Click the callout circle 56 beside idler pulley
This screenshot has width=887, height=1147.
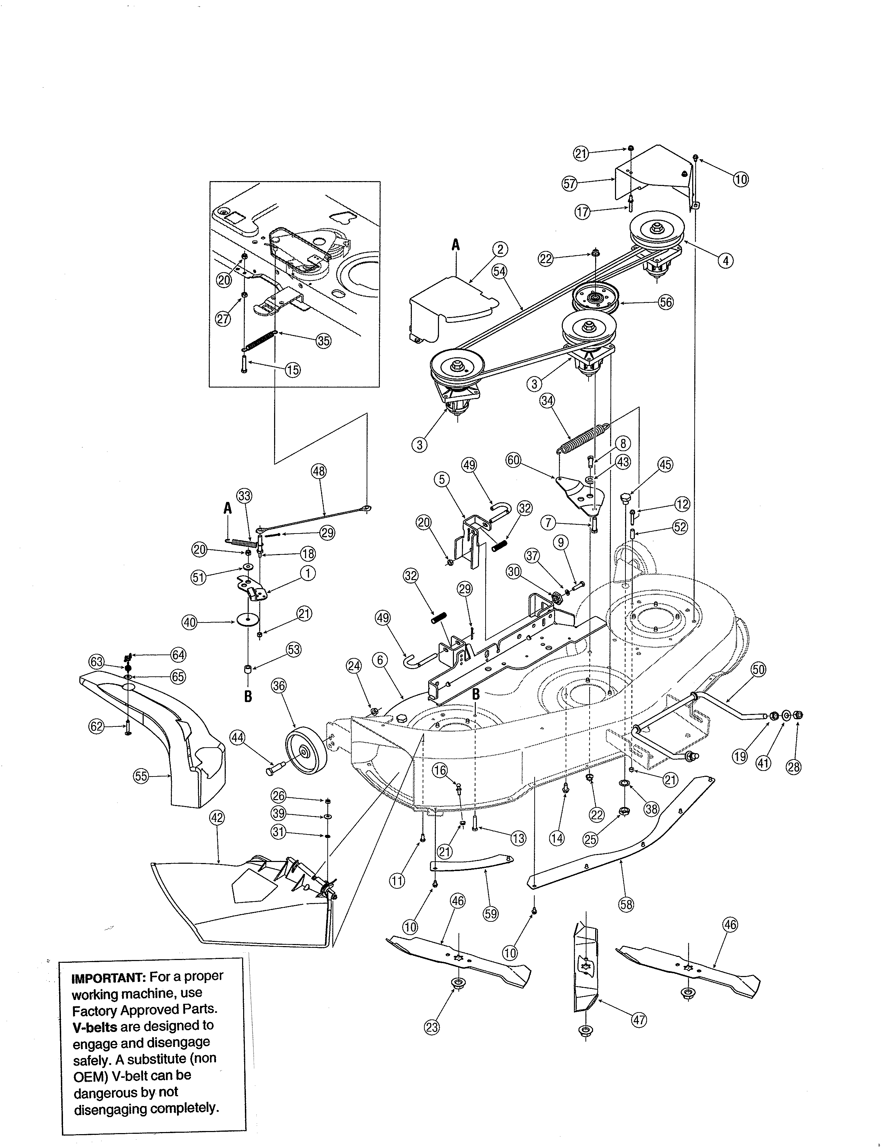pos(666,302)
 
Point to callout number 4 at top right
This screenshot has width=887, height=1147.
pos(725,260)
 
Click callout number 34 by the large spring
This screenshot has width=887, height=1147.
pos(547,401)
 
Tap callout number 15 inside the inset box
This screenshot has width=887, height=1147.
pos(293,370)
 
